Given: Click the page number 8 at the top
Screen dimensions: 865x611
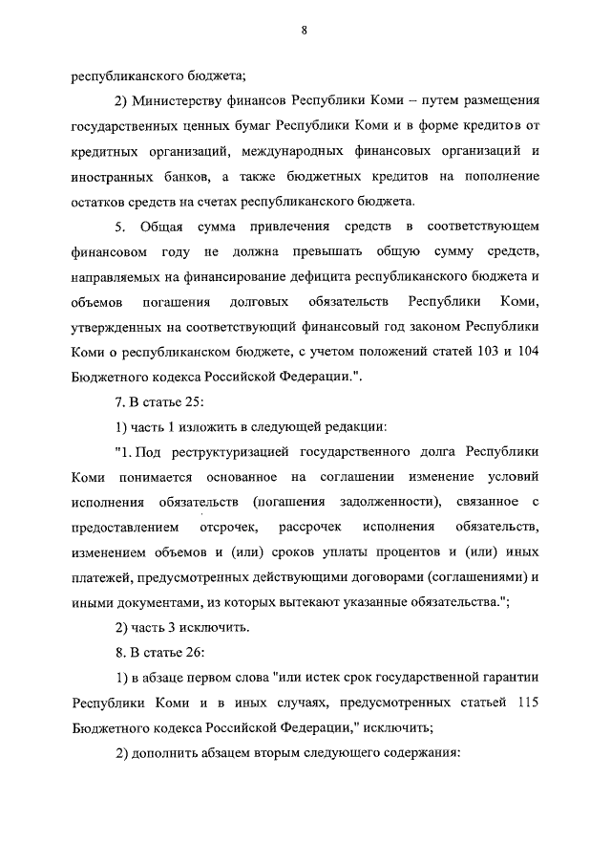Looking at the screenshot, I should coord(304,31).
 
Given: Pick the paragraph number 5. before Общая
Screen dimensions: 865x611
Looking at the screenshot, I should coord(120,227).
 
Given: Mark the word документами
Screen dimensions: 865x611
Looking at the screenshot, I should coord(159,601).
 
